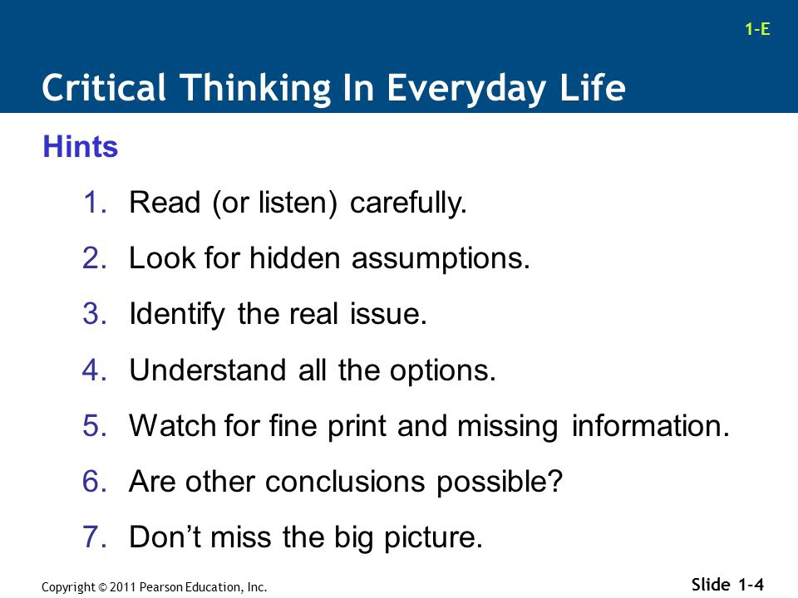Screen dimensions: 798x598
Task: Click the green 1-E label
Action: point(757,29)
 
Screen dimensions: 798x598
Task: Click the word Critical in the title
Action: point(104,87)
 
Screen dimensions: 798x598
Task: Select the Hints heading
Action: point(81,146)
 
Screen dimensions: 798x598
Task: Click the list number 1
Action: point(95,203)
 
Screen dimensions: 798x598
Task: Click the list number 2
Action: point(95,258)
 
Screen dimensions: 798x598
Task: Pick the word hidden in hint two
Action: point(294,258)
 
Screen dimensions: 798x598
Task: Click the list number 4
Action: point(95,370)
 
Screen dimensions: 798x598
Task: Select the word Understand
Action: point(208,370)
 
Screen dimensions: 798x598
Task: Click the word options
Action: point(442,371)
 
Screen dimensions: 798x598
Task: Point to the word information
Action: point(650,425)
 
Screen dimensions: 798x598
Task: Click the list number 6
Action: point(95,482)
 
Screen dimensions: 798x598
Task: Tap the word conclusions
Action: point(345,482)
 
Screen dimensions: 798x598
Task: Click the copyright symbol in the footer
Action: point(102,587)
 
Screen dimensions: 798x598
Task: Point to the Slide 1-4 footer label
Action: point(728,585)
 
